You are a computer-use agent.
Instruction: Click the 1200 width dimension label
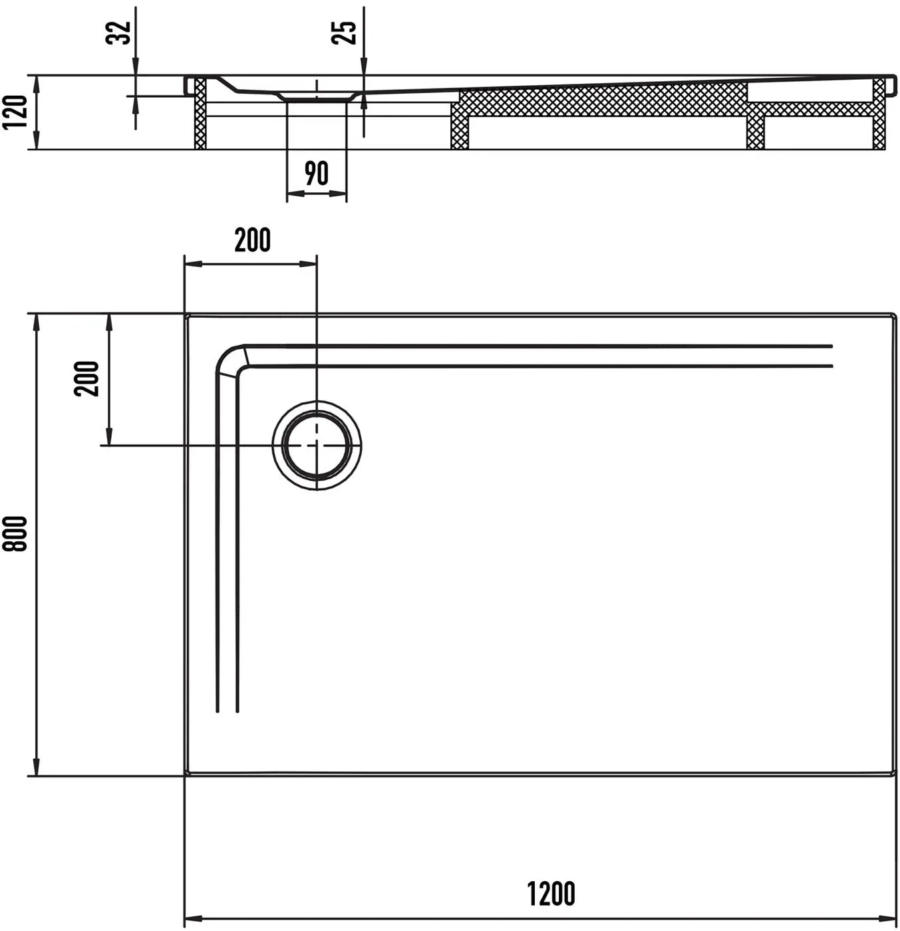point(551,893)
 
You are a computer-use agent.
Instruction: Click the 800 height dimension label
point(15,534)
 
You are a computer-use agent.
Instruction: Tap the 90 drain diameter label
point(317,174)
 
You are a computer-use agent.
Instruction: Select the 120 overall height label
point(15,112)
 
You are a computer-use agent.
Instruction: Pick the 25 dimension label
point(344,33)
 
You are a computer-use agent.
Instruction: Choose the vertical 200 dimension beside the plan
point(86,378)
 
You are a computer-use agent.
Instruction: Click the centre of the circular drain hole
point(317,446)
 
